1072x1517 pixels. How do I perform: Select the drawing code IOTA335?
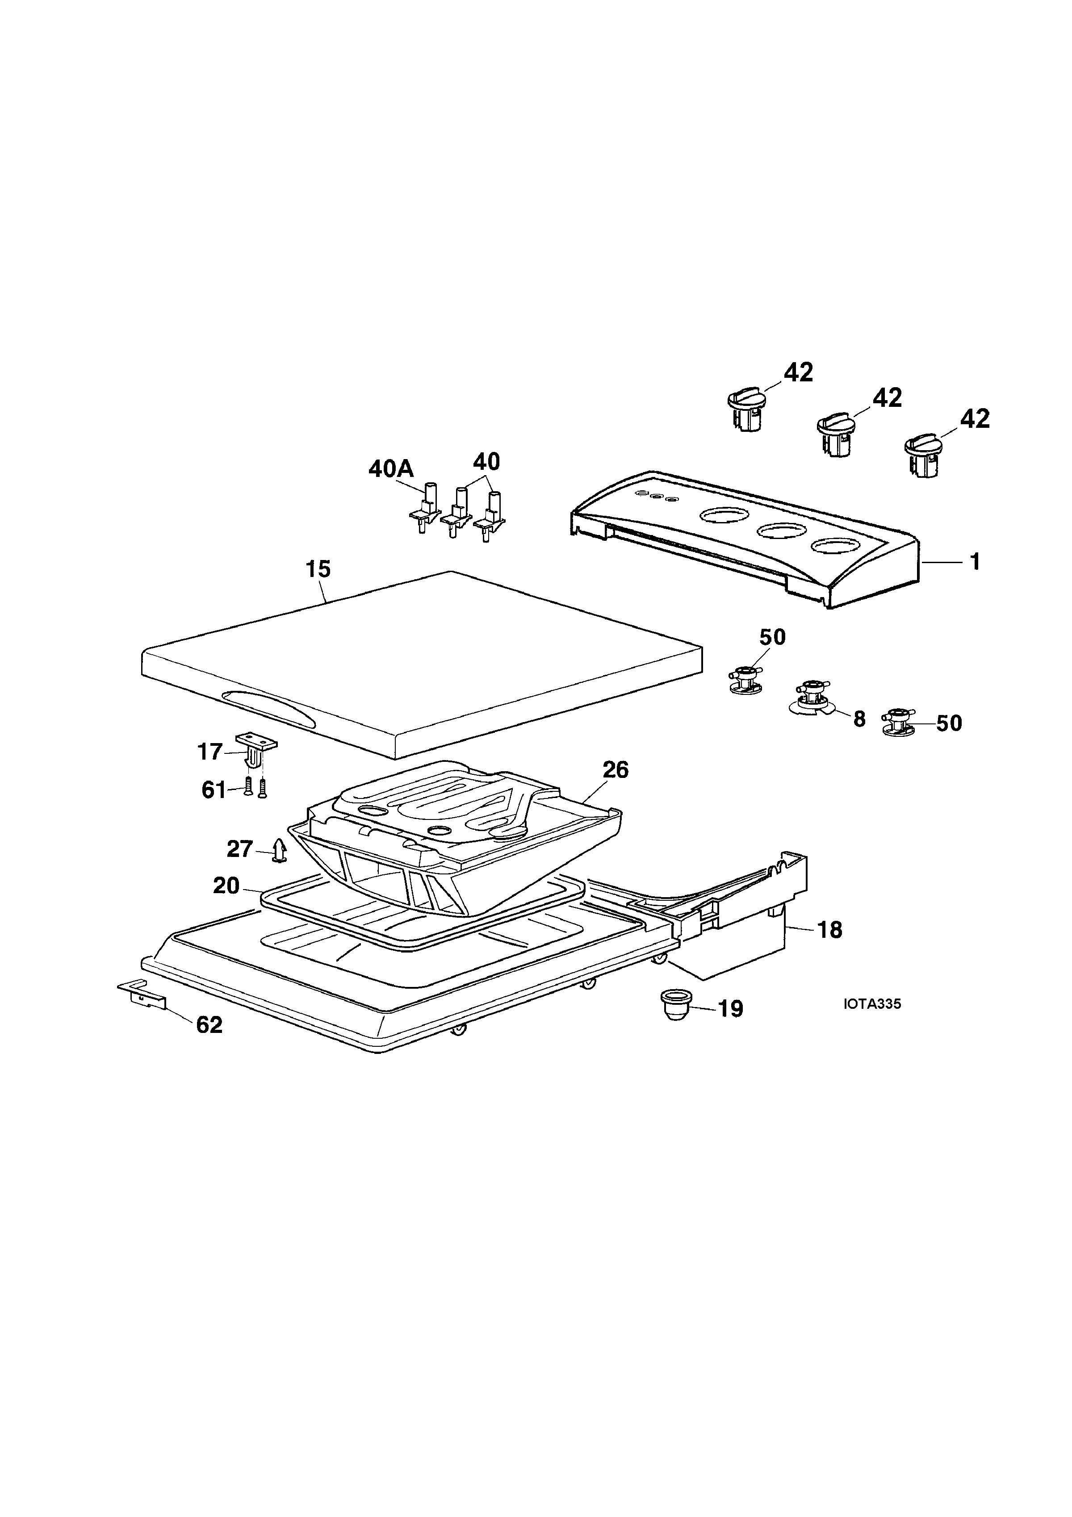872,1003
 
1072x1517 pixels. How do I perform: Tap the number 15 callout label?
318,569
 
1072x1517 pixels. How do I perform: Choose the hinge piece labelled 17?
256,749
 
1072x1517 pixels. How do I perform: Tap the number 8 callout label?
859,719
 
